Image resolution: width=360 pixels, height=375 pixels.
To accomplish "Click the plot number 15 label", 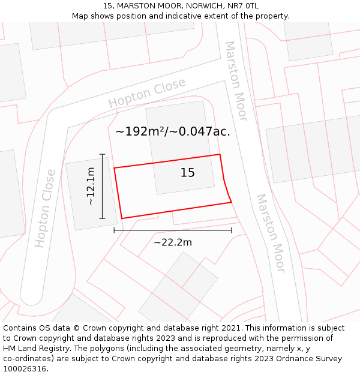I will (188, 173).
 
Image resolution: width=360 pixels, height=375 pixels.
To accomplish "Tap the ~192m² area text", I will (143, 131).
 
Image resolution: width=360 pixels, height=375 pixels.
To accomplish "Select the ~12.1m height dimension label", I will (91, 186).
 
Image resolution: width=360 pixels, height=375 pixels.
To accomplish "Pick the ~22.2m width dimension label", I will (173, 242).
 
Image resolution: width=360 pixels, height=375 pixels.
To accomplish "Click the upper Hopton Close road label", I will (147, 94).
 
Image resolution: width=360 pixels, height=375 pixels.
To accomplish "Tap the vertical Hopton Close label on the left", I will (45, 208).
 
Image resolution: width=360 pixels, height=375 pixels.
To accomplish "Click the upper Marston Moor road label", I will (236, 73).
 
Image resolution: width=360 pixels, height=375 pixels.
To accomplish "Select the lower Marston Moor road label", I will (271, 233).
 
